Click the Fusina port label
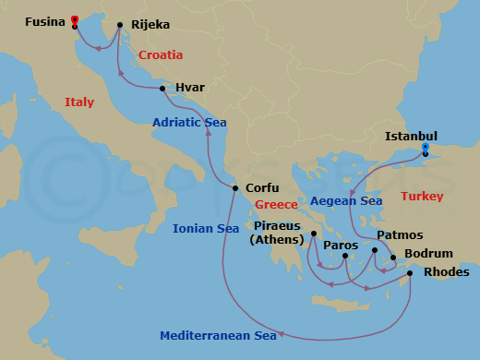click(x=44, y=20)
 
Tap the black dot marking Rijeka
click(x=120, y=26)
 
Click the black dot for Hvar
click(x=162, y=89)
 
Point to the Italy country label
click(x=79, y=102)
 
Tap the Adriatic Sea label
click(x=189, y=122)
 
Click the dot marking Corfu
click(x=235, y=188)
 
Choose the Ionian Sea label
click(x=206, y=228)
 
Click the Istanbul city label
click(x=412, y=136)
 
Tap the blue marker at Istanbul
click(x=425, y=148)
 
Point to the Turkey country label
click(x=423, y=197)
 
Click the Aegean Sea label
click(x=346, y=200)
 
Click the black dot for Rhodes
click(x=410, y=272)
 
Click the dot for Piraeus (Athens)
click(x=314, y=234)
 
